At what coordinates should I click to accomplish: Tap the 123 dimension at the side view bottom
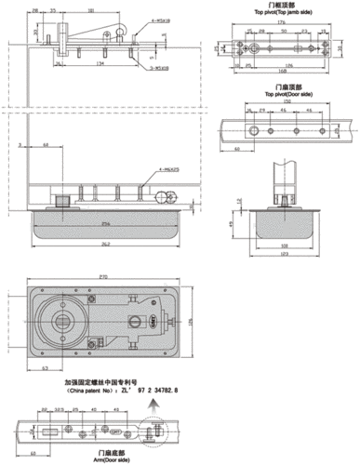[284, 255]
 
